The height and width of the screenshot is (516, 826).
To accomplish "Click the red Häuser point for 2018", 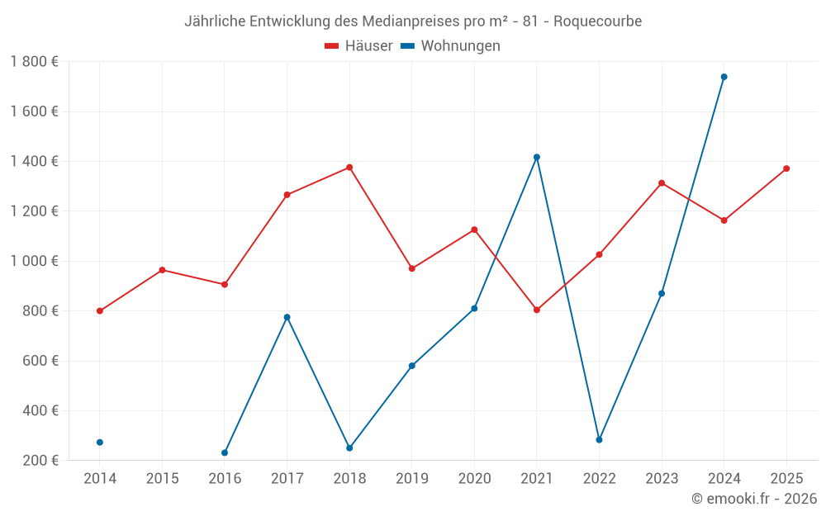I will pyautogui.click(x=349, y=168).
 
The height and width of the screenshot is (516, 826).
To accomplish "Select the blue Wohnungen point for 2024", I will pyautogui.click(x=724, y=77).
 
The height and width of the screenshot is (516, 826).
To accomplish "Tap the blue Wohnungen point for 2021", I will pyautogui.click(x=537, y=157).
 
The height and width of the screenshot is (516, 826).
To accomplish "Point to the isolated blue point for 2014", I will pyautogui.click(x=100, y=443).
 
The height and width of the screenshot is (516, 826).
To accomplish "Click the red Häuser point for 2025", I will pyautogui.click(x=786, y=168).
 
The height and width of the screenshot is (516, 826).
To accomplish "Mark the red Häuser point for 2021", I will pyautogui.click(x=537, y=310).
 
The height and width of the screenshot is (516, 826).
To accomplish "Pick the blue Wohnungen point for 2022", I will pyautogui.click(x=599, y=440).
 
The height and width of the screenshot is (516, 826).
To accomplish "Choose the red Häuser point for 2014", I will pyautogui.click(x=100, y=311).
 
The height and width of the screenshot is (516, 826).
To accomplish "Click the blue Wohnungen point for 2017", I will pyautogui.click(x=287, y=317).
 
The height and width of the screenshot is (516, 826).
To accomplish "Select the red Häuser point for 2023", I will pyautogui.click(x=662, y=183).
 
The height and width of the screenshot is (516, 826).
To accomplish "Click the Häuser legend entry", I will pyautogui.click(x=358, y=46).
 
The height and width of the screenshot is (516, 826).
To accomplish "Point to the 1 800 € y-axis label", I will pyautogui.click(x=34, y=62).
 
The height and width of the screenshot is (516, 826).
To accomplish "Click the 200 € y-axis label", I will pyautogui.click(x=40, y=461).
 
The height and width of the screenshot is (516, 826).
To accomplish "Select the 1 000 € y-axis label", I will pyautogui.click(x=34, y=261).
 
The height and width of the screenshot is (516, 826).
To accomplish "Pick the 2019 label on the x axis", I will pyautogui.click(x=412, y=479).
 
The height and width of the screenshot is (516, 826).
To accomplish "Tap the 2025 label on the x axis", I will pyautogui.click(x=786, y=479).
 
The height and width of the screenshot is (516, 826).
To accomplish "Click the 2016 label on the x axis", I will pyautogui.click(x=225, y=479).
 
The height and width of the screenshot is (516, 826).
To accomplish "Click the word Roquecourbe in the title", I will pyautogui.click(x=597, y=21).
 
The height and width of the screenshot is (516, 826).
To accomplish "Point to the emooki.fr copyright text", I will pyautogui.click(x=754, y=499).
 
